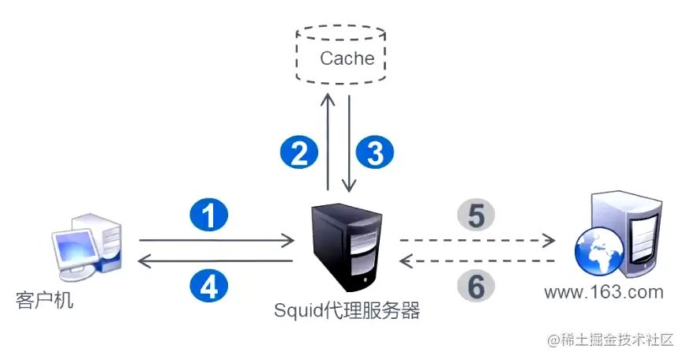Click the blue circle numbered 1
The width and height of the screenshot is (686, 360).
pos(209,216)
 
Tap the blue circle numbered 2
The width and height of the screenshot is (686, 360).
pos(299,152)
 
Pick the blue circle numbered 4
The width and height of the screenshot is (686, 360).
pos(209,284)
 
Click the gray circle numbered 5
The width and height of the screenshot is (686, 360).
pos(476,214)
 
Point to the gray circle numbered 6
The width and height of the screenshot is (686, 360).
pos(476,285)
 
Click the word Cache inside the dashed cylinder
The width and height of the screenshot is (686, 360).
pos(347,58)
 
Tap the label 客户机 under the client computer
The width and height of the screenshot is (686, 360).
pos(45,301)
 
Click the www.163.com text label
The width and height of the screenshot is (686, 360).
pos(604,293)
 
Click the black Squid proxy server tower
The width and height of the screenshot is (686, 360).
pos(347,246)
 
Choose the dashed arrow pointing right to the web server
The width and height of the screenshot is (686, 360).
pos(478,239)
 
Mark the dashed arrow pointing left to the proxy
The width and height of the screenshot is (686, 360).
pos(478,260)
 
